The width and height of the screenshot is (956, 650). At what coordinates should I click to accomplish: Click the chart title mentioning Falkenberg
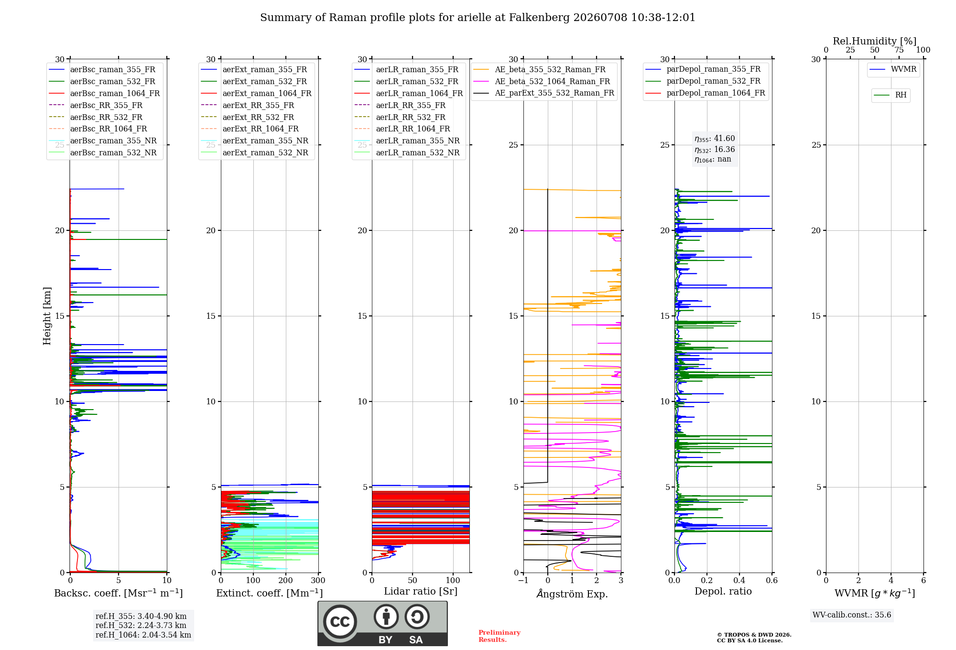(478, 18)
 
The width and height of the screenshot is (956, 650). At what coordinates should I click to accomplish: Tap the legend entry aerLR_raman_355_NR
(407, 141)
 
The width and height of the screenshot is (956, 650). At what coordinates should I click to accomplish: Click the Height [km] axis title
(47, 316)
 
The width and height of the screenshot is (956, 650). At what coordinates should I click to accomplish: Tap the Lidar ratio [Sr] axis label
(421, 592)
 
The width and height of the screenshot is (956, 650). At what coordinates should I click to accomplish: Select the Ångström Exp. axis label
(572, 594)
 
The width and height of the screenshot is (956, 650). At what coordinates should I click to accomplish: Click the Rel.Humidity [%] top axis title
(875, 41)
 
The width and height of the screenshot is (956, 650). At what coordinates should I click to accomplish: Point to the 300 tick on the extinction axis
(318, 580)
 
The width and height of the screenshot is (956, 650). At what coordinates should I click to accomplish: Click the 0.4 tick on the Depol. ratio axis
(739, 580)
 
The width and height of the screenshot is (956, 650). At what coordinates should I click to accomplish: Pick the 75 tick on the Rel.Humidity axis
(899, 50)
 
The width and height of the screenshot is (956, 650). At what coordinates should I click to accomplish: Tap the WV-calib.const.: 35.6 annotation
(852, 615)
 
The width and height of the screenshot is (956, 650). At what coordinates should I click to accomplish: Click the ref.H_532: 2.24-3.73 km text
(141, 625)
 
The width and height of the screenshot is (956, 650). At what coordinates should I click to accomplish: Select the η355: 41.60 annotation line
(715, 139)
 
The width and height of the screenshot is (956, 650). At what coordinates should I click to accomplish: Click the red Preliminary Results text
(500, 636)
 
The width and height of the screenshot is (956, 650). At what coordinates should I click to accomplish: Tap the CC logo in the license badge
(340, 622)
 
